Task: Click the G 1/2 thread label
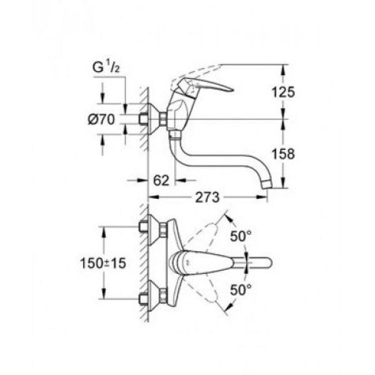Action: tap(106, 67)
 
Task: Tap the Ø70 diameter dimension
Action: tap(101, 119)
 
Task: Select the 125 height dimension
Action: tap(283, 92)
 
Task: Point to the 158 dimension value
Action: tap(283, 154)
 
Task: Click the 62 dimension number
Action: tap(161, 181)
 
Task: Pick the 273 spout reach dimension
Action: tap(207, 197)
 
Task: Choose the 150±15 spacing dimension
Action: tap(103, 263)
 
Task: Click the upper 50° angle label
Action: tap(241, 236)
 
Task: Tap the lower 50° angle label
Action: tap(241, 290)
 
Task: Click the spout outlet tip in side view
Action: tap(267, 185)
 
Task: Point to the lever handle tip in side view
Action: tap(231, 90)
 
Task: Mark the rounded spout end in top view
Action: tap(269, 262)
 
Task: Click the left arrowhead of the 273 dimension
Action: tap(154, 197)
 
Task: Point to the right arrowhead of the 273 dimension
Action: tap(261, 197)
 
